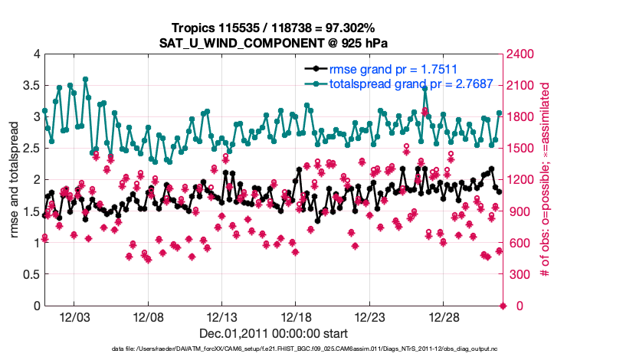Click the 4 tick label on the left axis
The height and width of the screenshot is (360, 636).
35,54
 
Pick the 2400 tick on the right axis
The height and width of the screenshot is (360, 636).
525,54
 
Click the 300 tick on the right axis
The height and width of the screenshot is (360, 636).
522,274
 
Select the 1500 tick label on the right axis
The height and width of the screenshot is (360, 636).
525,148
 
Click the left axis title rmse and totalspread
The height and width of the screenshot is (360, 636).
15,180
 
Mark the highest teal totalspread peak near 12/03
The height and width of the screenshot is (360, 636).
85,79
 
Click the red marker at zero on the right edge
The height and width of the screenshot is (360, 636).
503,306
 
